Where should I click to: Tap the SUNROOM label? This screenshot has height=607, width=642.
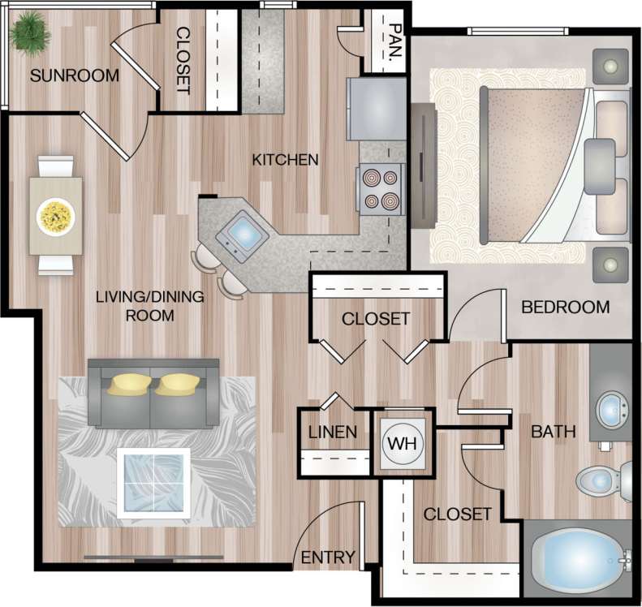(74, 76)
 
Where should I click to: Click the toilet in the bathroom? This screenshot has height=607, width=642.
(604, 480)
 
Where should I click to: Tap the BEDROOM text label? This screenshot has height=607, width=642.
(565, 307)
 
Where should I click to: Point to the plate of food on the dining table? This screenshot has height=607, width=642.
(55, 216)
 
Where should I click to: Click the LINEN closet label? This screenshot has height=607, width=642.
(332, 432)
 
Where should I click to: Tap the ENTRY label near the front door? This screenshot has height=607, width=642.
(328, 557)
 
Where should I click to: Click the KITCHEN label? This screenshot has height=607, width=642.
(285, 159)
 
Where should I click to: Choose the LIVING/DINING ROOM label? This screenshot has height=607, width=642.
(149, 306)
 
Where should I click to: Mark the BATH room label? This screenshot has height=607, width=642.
(553, 432)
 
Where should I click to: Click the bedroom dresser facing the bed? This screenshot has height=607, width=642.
(424, 171)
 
